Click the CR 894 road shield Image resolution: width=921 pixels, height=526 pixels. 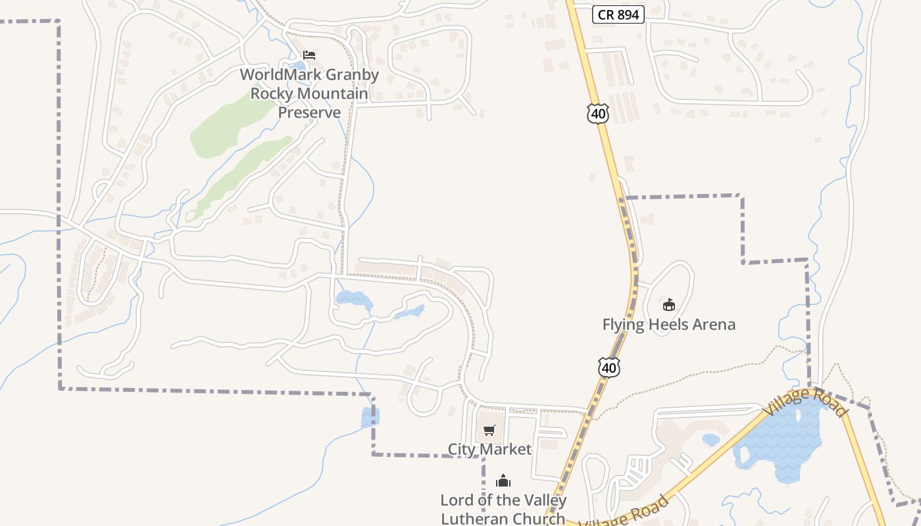[618, 14]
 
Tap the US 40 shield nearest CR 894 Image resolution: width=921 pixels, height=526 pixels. [597, 114]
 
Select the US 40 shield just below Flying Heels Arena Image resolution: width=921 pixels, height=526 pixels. [609, 368]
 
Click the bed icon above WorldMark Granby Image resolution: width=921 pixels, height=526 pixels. [309, 55]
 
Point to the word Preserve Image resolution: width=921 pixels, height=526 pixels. [309, 112]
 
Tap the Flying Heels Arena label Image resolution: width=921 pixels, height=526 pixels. [668, 324]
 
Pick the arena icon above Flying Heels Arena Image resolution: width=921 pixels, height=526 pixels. [668, 304]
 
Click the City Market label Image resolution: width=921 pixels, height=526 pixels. [489, 449]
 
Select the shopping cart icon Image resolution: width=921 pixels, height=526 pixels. [489, 431]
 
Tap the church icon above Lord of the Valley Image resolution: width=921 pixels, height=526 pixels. [503, 481]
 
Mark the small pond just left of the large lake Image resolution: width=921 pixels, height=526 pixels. [710, 439]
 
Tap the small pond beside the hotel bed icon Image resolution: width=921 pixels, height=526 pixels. [299, 65]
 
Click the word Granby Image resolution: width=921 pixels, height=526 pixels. [348, 75]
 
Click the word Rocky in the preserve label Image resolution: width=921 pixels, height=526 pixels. [271, 93]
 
